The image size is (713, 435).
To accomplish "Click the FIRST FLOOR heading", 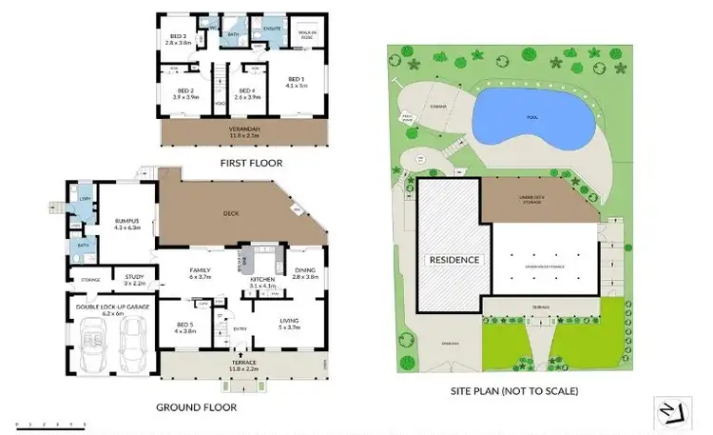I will coord(250,163).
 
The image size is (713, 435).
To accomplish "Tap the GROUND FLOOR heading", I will coord(196,406).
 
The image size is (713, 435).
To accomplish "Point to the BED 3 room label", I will coord(179,38).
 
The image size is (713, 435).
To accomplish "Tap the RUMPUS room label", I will coord(126,224).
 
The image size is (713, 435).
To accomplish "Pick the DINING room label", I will coord(305,273).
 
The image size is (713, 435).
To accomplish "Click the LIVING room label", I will coord(289,323).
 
